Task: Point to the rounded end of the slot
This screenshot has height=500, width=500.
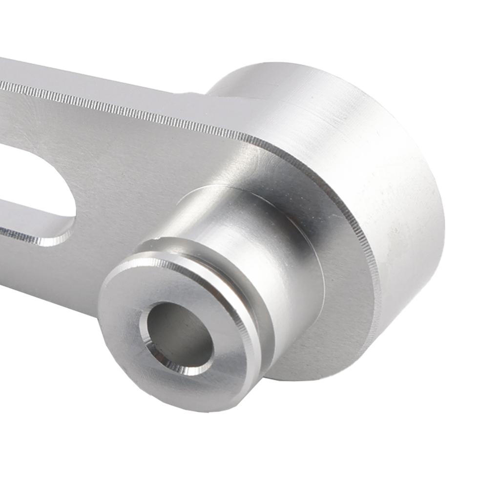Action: pos(73,205)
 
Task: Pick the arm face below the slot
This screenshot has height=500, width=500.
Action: pos(49,273)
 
